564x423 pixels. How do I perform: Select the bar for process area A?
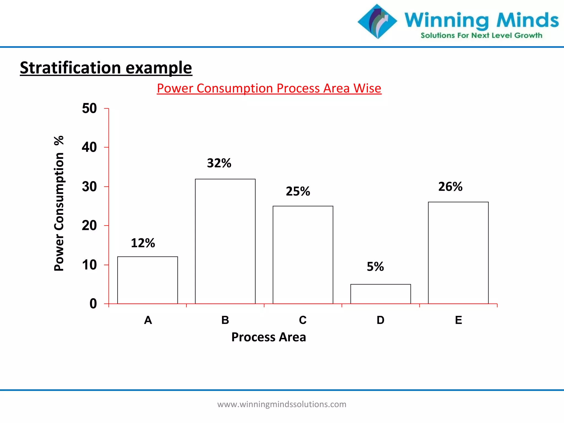[148, 280]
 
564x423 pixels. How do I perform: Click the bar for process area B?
[225, 241]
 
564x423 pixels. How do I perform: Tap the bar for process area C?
[303, 255]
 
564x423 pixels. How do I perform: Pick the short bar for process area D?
[381, 294]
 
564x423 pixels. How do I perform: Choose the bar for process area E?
[458, 253]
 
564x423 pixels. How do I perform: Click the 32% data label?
[219, 163]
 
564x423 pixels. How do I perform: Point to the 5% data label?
[375, 267]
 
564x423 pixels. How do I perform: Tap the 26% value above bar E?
[450, 187]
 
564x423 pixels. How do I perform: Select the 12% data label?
[143, 243]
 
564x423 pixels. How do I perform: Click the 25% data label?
[298, 191]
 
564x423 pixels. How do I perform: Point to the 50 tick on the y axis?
[90, 109]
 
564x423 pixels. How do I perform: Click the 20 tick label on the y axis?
[90, 226]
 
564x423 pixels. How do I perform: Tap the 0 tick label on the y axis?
[93, 304]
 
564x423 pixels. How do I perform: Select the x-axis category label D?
[380, 320]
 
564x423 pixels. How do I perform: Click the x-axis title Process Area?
[269, 337]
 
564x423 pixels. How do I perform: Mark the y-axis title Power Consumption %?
[59, 204]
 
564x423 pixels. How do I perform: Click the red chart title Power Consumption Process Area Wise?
[269, 88]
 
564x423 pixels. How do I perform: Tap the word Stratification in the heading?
[70, 68]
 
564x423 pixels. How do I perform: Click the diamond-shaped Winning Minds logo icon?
[377, 21]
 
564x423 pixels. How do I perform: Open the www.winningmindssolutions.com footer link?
[282, 404]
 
